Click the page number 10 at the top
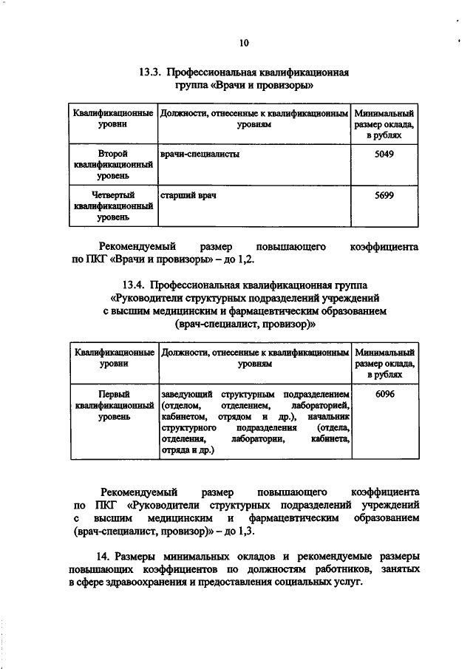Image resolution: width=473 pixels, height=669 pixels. click(244, 44)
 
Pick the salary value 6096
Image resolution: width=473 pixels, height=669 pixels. click(384, 394)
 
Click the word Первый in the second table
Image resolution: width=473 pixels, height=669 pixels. click(114, 394)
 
